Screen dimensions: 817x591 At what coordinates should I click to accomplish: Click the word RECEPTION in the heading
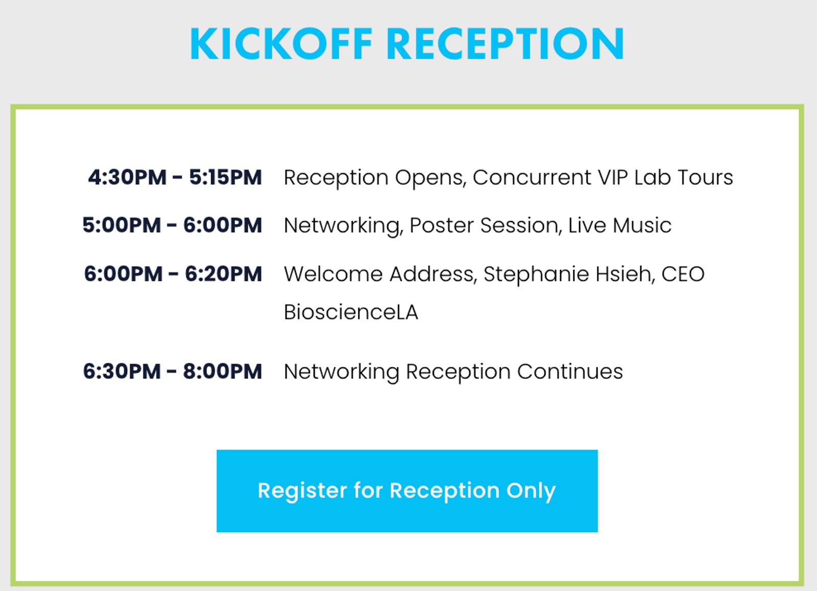tap(505, 43)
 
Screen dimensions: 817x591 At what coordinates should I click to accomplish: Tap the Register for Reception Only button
tap(407, 491)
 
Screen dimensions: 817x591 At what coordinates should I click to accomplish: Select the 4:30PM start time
tap(127, 178)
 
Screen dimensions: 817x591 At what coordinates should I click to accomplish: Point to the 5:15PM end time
tap(225, 178)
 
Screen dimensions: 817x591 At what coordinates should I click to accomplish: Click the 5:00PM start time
tap(122, 225)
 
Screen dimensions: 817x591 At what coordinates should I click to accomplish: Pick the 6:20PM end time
tap(223, 274)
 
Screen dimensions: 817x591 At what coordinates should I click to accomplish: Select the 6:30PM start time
tap(122, 371)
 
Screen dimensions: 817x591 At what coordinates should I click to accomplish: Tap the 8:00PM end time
tap(223, 371)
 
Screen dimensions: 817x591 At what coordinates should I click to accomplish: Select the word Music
tap(642, 225)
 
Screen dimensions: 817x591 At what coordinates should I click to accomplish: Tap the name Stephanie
tap(536, 275)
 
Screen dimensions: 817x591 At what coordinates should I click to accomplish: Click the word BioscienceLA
tap(351, 312)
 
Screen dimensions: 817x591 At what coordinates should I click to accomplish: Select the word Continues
tap(570, 372)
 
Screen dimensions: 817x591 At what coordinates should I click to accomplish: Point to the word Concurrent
tap(532, 178)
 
